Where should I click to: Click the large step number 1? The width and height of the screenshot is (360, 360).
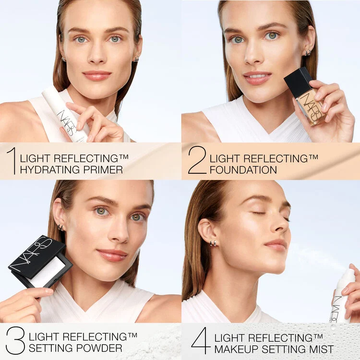[x=11, y=160]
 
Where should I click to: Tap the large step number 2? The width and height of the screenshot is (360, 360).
[x=197, y=160]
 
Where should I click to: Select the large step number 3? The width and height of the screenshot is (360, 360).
[x=15, y=340]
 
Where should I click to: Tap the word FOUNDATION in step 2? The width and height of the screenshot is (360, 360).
[x=243, y=169]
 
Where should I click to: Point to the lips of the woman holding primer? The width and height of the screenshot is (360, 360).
[x=97, y=75]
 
